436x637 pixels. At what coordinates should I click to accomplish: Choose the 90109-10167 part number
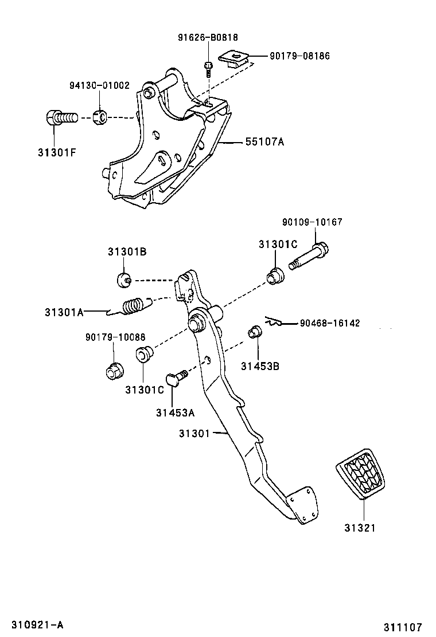[x=312, y=222]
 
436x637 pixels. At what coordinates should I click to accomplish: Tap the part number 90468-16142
[x=329, y=323]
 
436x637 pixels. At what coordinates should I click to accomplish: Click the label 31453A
[x=174, y=412]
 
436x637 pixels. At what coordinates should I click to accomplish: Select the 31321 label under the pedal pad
[x=360, y=528]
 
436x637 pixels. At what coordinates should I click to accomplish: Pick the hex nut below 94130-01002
[x=99, y=117]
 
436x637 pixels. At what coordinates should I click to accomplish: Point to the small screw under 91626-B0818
[x=208, y=65]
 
